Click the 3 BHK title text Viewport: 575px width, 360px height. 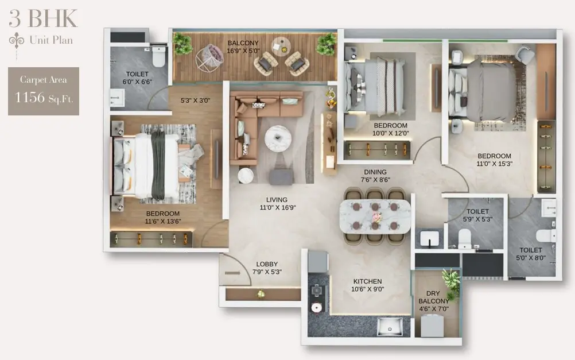coord(43,18)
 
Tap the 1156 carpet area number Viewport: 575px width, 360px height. coord(30,97)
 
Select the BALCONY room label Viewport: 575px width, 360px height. coord(243,43)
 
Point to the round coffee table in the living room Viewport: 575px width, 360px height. coord(278,138)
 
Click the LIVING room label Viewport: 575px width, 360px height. coord(277,200)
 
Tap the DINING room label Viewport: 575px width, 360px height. coord(375,172)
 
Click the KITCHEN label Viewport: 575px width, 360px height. coord(367,281)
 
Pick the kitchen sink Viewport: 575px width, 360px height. coord(390,326)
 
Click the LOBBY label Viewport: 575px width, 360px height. coord(267,264)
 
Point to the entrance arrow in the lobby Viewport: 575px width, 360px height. coord(232,273)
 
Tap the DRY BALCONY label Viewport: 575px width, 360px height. coord(433,297)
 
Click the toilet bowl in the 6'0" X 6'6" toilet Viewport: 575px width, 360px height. coord(158,56)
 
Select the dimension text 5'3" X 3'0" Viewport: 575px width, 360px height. coord(195,100)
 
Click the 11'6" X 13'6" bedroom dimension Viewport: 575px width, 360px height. coord(163,221)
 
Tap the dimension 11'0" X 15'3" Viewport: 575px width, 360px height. coord(494,164)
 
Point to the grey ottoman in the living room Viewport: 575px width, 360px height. coord(281,177)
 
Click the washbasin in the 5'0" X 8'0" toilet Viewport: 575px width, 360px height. coord(549,208)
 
